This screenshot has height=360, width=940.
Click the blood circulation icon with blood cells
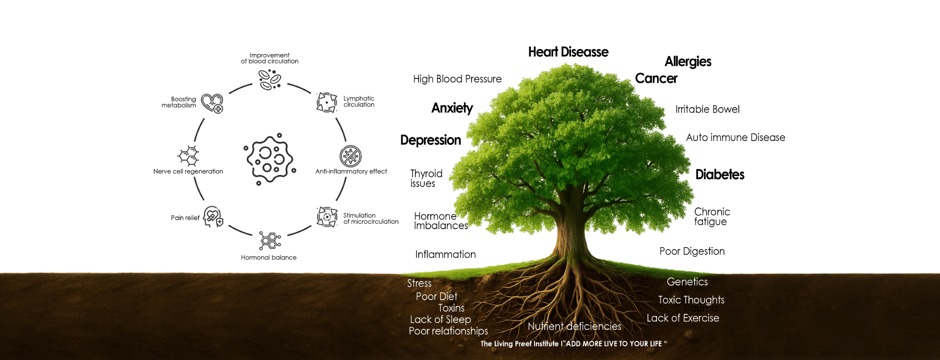tap(270, 79)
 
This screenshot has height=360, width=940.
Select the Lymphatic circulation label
tap(359, 102)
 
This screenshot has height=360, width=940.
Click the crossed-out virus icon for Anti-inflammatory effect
tap(351, 157)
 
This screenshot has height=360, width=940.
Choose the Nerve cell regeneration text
tap(188, 172)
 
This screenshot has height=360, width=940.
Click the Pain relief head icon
tap(213, 217)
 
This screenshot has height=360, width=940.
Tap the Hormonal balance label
tap(269, 258)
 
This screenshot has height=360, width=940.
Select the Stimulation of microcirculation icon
tap(327, 217)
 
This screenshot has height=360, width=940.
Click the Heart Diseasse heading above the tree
tap(568, 52)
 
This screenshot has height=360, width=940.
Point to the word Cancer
tap(656, 78)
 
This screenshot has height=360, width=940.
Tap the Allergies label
tap(688, 62)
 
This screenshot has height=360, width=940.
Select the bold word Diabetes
tap(720, 175)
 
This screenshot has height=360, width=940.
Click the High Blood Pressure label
tap(457, 79)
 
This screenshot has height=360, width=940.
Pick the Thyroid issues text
tap(426, 179)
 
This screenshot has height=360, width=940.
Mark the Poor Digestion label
tap(692, 251)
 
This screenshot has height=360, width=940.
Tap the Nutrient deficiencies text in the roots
tap(574, 326)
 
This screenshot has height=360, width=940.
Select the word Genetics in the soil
tap(687, 282)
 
